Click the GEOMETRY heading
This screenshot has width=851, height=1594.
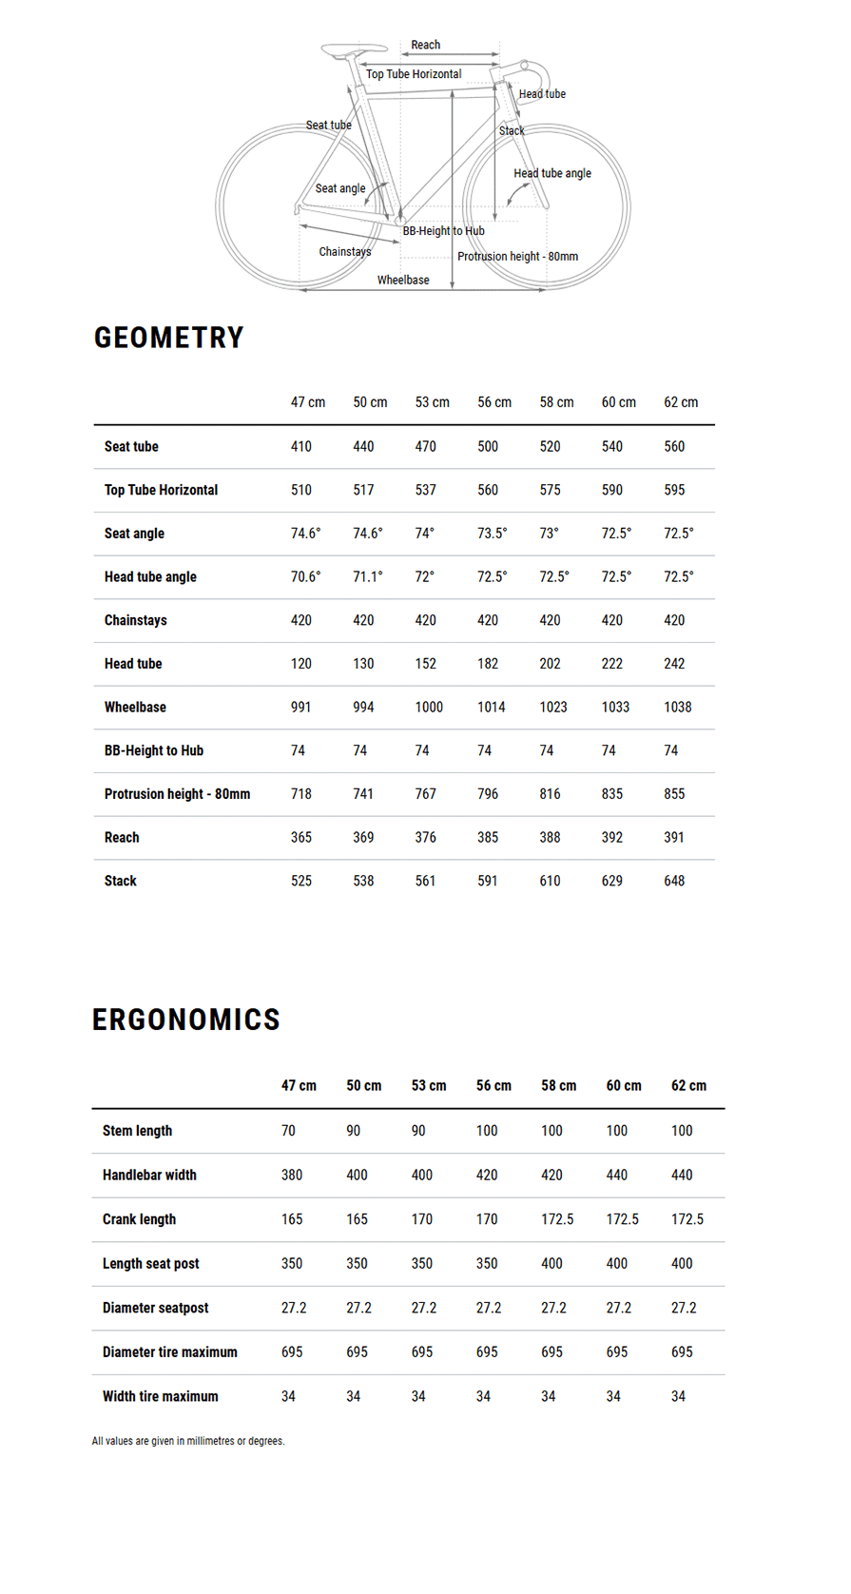pos(168,338)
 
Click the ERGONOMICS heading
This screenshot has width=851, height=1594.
pos(186,1020)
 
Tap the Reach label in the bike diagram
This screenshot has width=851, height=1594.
pos(425,45)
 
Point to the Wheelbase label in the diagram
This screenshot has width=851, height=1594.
pos(403,280)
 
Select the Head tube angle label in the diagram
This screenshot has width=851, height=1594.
pos(552,173)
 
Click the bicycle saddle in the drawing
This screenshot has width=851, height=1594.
pos(353,49)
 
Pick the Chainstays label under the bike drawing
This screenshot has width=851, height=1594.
pos(345,252)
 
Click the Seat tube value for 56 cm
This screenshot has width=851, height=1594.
pos(488,446)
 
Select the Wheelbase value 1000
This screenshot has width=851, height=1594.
pos(429,707)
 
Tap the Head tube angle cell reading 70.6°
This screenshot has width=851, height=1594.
pos(305,576)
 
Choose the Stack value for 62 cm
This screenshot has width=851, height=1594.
pos(674,881)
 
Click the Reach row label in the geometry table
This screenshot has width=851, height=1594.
pos(122,837)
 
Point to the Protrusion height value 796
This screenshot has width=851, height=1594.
pos(488,793)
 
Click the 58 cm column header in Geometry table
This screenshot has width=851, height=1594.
pos(556,402)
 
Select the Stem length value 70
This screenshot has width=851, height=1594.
pos(288,1131)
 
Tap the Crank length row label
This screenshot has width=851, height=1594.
pos(139,1219)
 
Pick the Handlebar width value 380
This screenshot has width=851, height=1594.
pos(292,1175)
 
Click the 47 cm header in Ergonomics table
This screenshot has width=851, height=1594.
pos(299,1085)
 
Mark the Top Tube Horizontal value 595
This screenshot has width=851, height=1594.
pos(674,490)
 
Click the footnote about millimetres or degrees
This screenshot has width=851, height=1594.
pos(188,1441)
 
